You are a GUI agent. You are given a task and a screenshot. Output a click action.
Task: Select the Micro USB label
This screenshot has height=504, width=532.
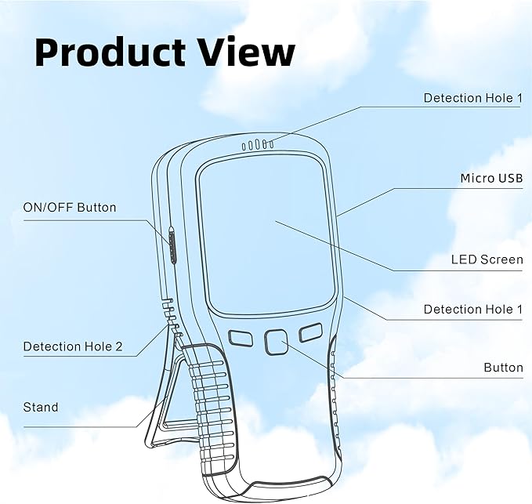491,178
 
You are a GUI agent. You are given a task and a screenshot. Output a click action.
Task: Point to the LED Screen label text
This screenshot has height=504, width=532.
487,259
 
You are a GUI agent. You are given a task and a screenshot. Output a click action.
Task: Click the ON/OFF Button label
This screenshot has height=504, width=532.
70,208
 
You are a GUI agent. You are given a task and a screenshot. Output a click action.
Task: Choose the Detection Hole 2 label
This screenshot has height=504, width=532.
73,346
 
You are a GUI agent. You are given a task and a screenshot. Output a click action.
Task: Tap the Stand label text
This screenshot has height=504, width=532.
41,407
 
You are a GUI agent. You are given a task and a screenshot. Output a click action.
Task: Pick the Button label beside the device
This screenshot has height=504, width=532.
503,368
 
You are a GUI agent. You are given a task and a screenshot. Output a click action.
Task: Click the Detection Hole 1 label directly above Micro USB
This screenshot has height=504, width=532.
473,98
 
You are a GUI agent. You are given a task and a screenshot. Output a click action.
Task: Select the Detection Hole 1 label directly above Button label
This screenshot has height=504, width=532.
473,309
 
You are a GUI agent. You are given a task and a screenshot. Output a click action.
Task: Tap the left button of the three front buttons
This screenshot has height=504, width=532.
241,339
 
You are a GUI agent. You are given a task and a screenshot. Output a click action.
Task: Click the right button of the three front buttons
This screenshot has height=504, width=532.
310,332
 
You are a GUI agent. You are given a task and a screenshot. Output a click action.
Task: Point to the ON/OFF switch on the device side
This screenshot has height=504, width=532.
172,244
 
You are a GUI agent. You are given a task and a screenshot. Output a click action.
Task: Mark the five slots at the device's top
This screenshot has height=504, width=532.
258,145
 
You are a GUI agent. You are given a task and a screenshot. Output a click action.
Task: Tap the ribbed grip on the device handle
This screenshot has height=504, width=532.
211,408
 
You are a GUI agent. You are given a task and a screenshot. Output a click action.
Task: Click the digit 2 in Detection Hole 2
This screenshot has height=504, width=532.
119,346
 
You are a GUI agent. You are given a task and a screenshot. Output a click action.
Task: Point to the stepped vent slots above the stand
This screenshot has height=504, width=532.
172,317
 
